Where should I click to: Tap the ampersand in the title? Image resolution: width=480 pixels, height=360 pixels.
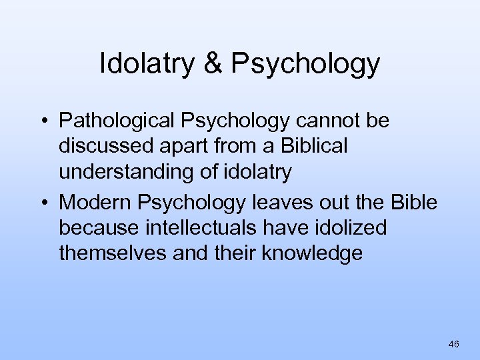[x=213, y=64]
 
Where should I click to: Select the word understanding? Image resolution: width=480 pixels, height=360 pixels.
[x=126, y=172]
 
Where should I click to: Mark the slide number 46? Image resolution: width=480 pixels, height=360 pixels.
[x=454, y=344]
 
